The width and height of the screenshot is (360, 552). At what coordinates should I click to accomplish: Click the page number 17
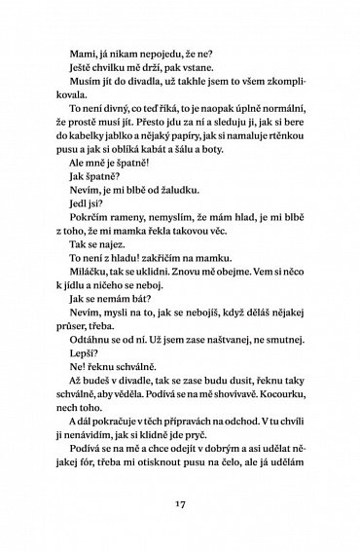(x=180, y=505)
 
